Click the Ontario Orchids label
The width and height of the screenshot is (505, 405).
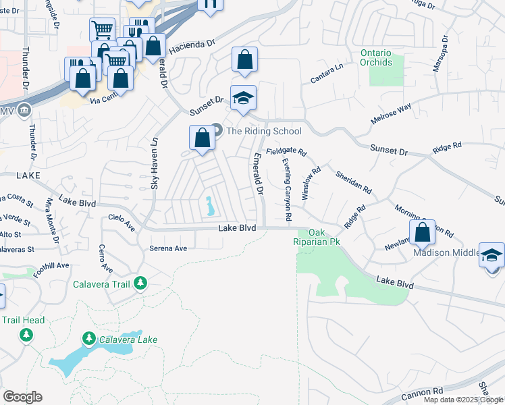[x=376, y=57]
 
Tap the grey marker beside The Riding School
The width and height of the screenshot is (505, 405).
[x=217, y=130]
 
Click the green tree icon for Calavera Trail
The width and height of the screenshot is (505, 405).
[x=140, y=283]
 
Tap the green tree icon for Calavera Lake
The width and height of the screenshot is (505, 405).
[x=88, y=337]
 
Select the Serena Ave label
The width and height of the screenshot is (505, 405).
[x=167, y=248]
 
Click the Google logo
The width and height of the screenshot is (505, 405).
[x=22, y=397]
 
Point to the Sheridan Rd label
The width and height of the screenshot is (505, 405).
[x=354, y=181]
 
